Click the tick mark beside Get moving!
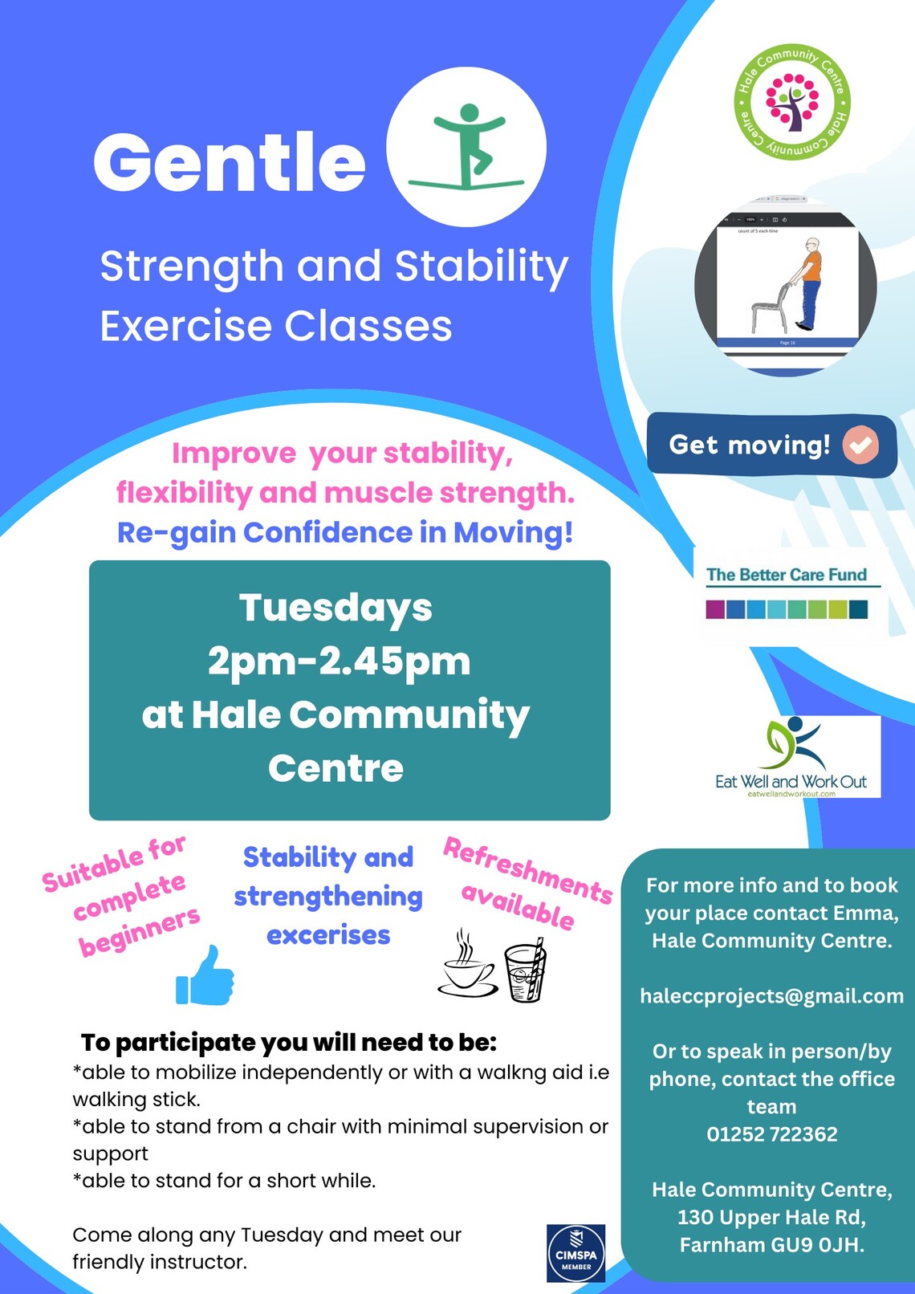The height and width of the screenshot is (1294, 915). pos(860,446)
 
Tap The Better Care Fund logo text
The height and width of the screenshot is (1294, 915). pos(786,575)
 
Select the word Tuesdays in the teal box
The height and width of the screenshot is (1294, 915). pos(335,608)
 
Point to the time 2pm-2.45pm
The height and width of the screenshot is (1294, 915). pos(339,661)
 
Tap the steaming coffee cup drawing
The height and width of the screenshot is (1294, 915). pos(468,968)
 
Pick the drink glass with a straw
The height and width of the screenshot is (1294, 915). pos(526,972)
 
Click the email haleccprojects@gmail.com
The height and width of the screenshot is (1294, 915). pos(771,996)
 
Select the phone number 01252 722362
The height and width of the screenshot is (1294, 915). pos(771,1134)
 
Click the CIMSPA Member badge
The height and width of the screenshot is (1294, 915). pos(575,1253)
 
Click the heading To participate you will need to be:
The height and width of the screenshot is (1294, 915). pos(289,1043)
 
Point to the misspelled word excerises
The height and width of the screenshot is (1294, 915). pos(328,935)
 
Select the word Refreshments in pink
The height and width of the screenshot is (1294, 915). pos(527,869)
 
